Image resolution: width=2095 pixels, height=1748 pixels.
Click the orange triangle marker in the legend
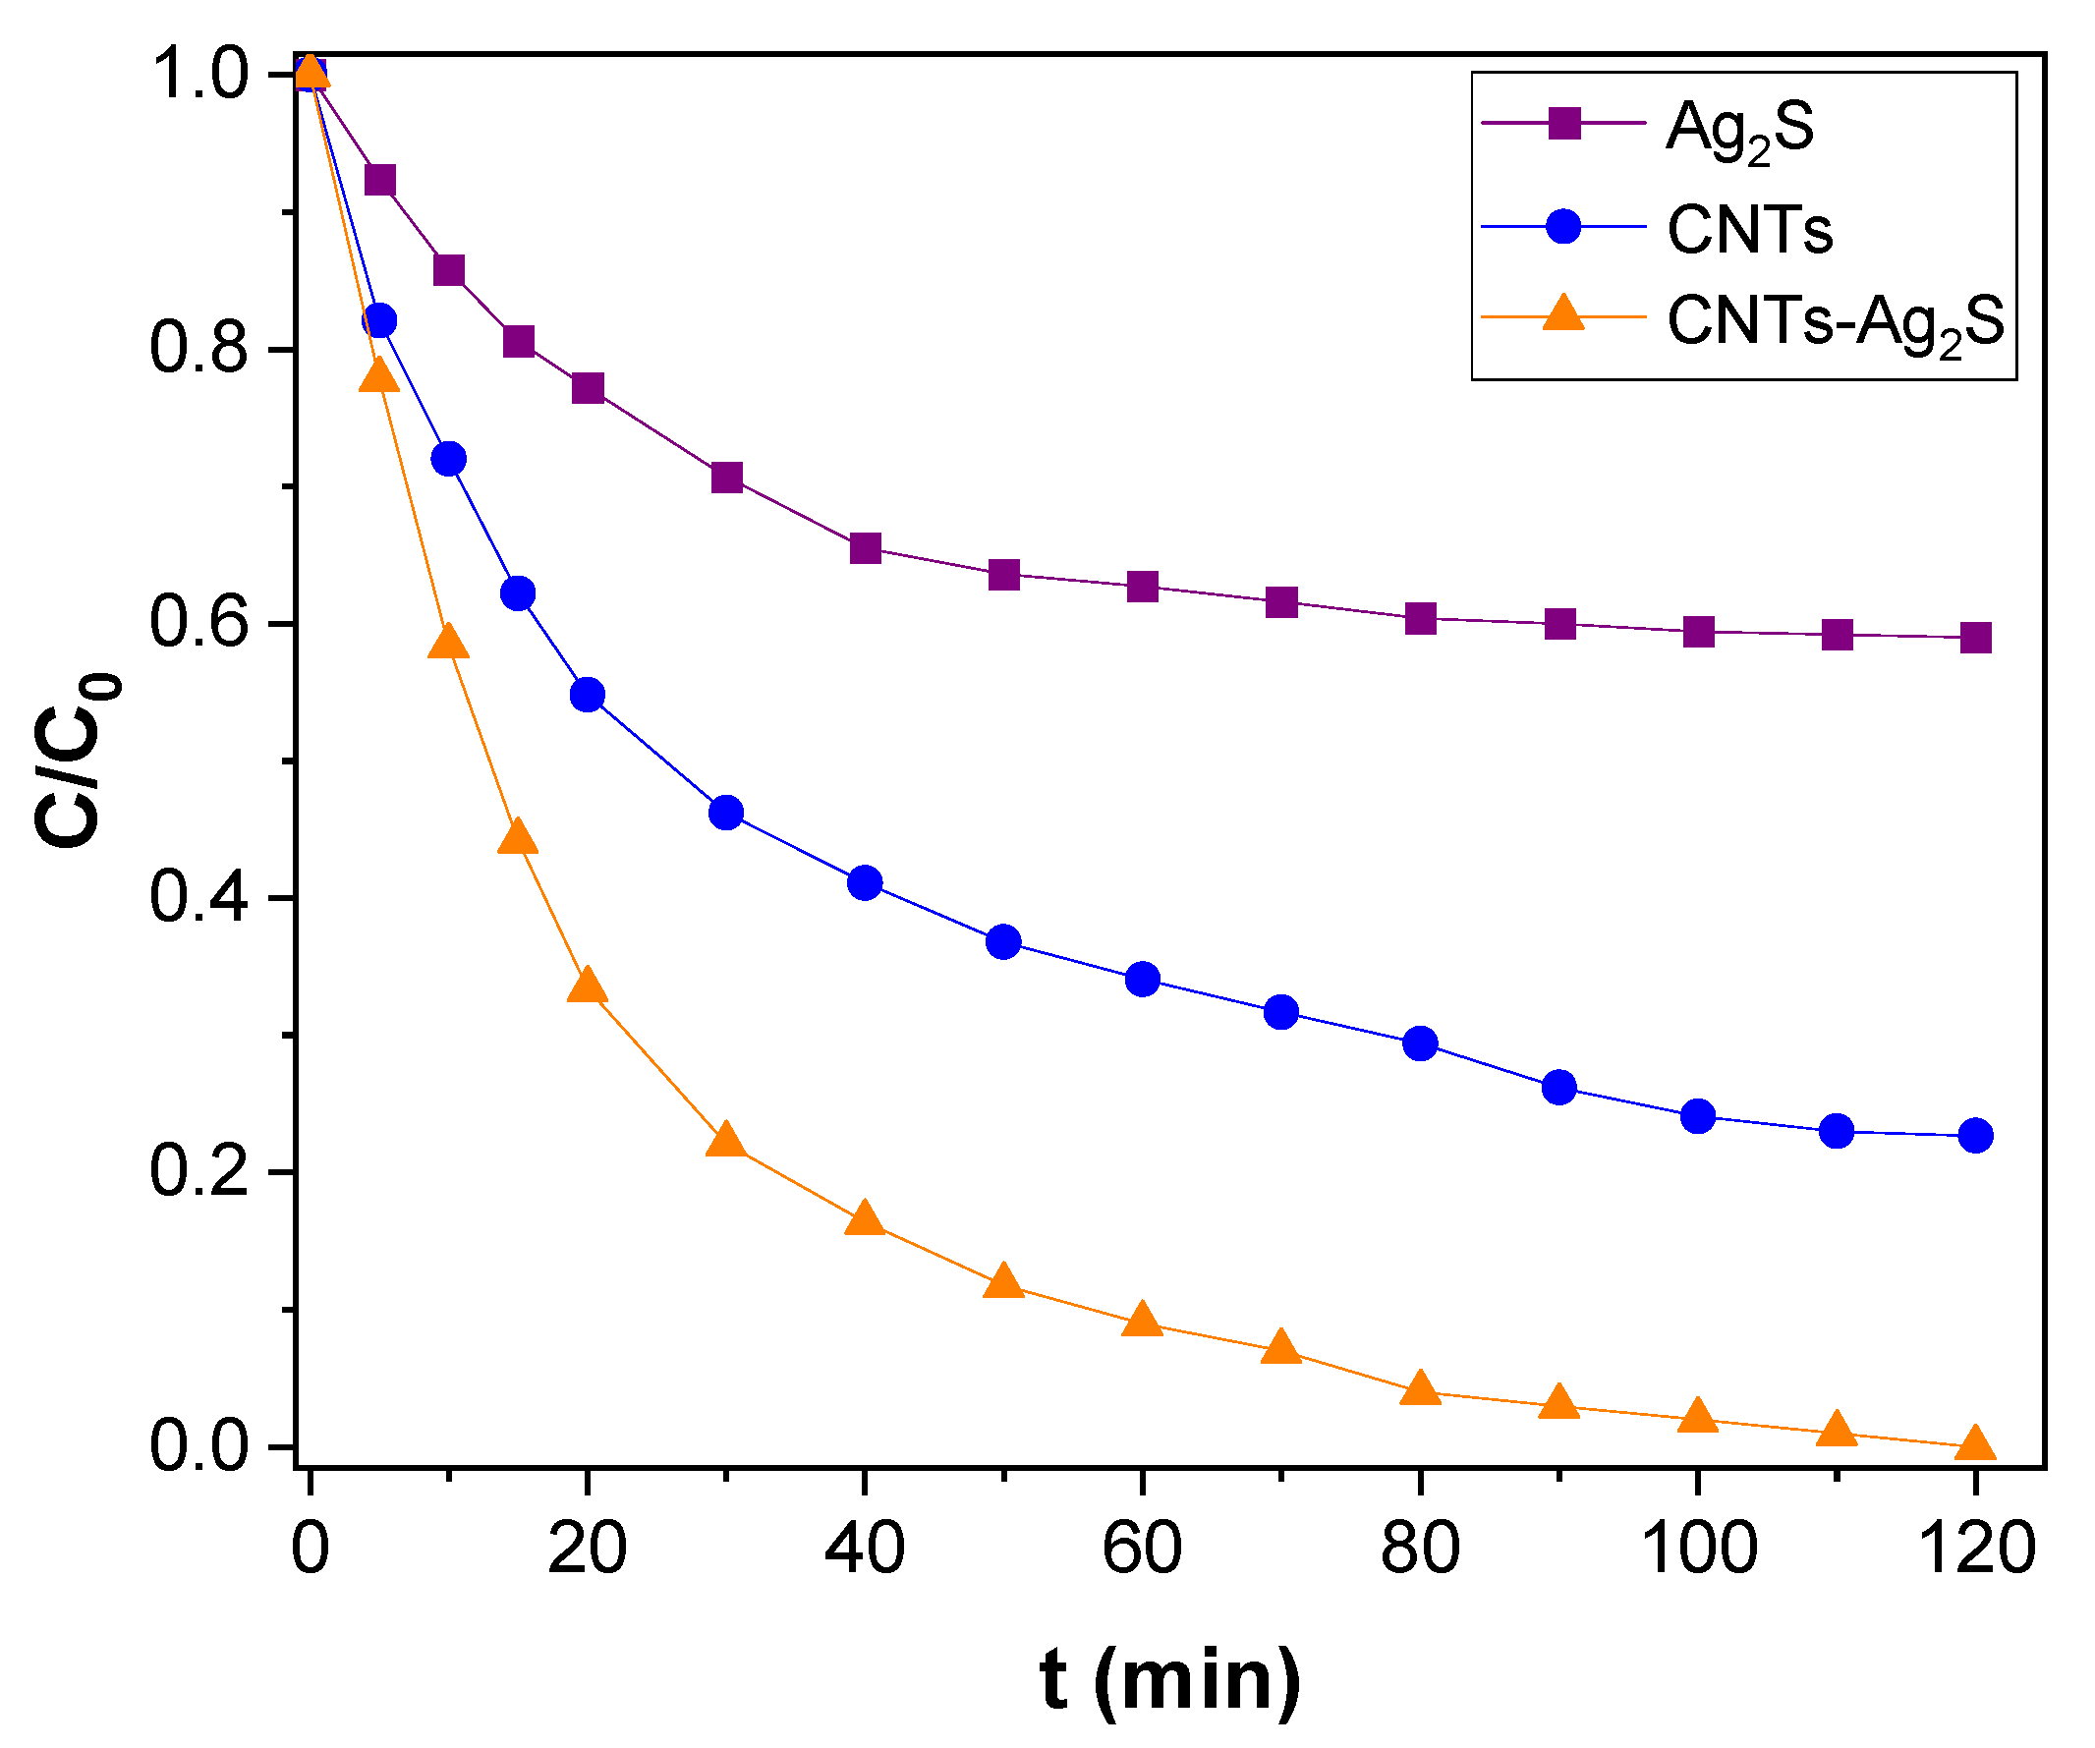point(1563,313)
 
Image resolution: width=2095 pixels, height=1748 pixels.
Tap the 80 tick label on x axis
point(1420,1550)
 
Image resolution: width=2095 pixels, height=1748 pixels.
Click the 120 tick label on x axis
point(1975,1550)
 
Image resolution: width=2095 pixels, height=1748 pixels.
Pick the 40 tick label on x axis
point(865,1550)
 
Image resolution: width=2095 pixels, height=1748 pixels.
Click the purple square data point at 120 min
point(1975,638)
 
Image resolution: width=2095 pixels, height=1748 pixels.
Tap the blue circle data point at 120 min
point(1975,1135)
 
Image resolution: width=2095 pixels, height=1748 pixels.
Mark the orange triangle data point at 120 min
point(1975,1443)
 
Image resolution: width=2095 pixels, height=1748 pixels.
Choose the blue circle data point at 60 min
point(1142,979)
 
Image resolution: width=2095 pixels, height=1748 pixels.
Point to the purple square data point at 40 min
point(865,547)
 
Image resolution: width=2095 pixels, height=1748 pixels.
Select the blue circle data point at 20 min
point(588,695)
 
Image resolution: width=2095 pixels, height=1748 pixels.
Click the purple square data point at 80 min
point(1420,619)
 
